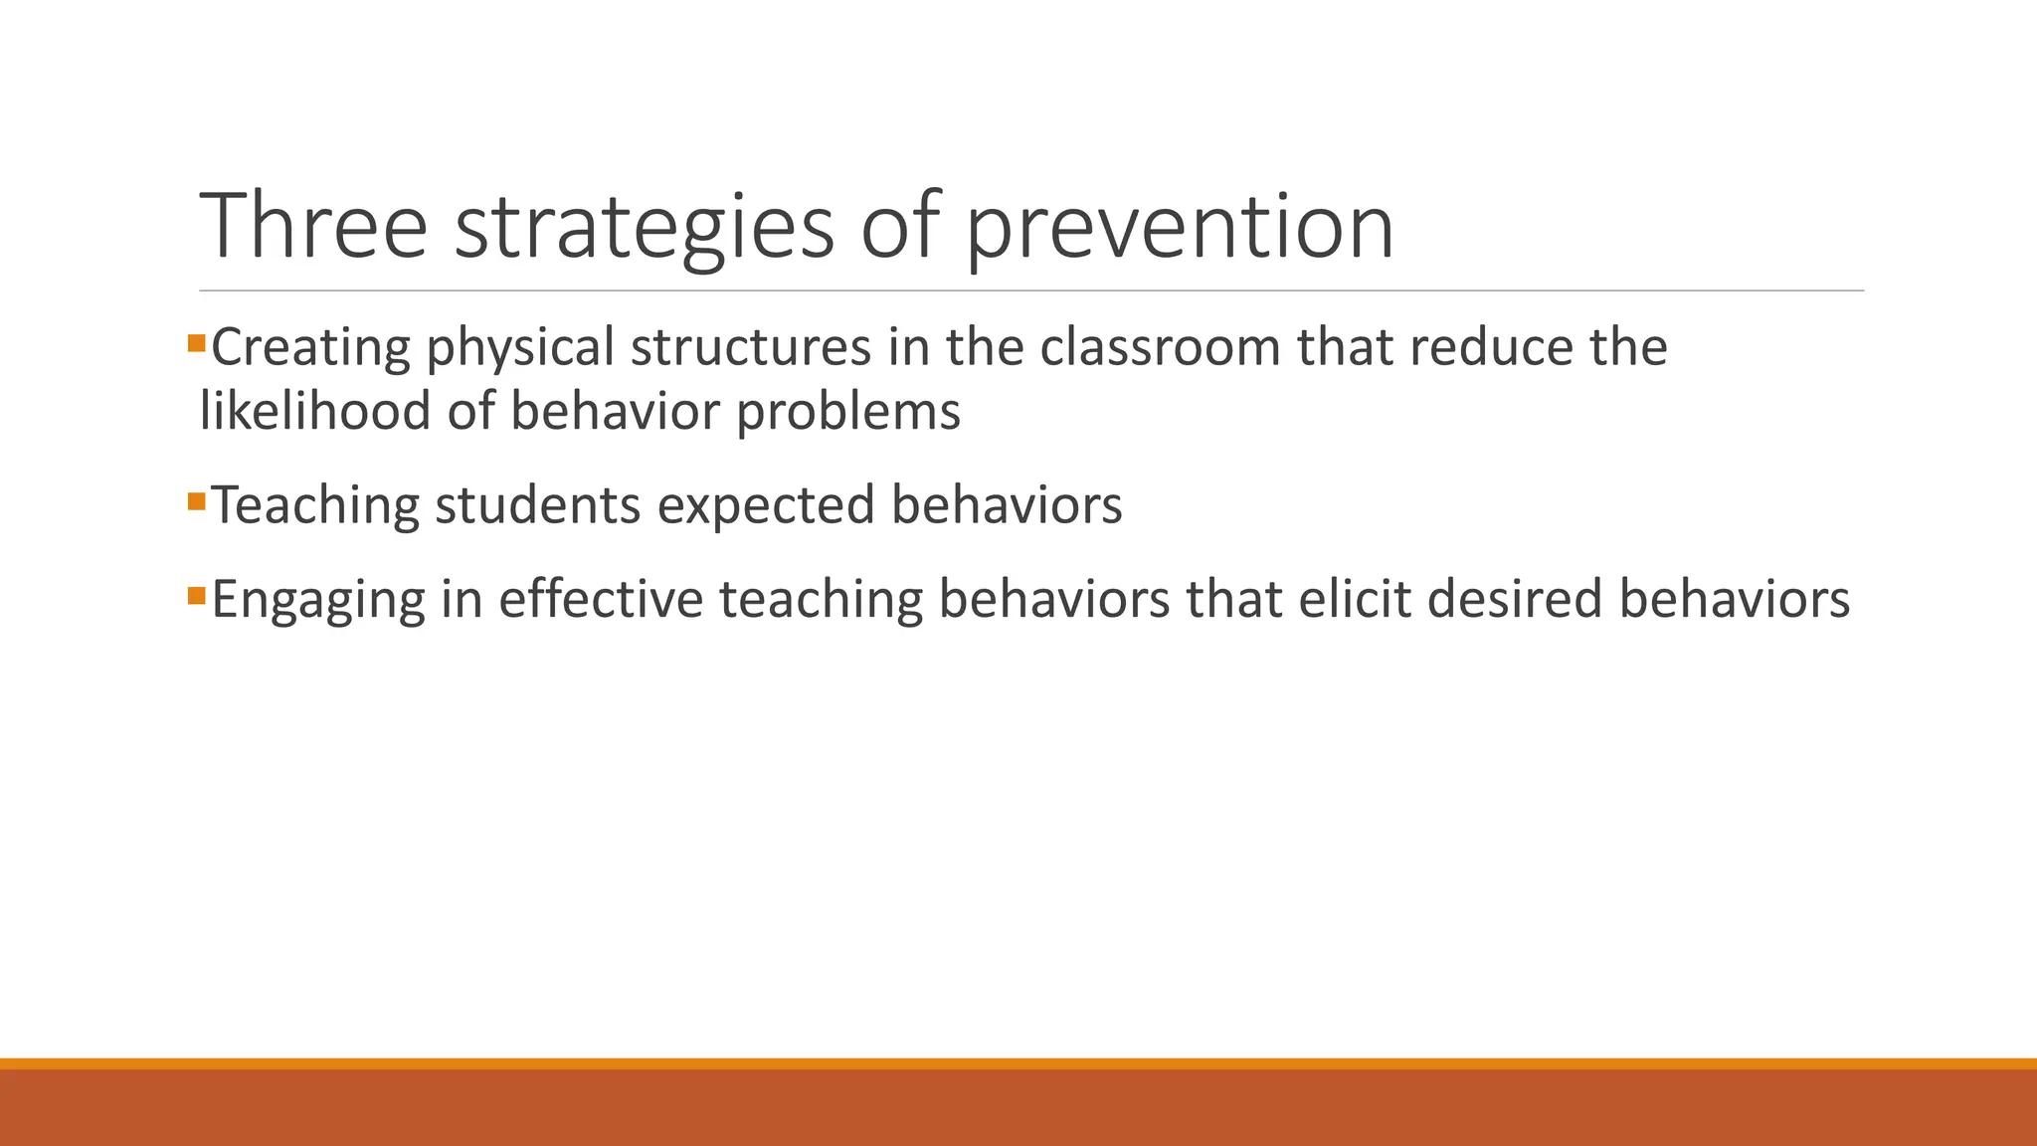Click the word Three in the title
point(313,226)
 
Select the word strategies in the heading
point(644,226)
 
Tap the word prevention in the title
point(1180,226)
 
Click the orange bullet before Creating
point(196,344)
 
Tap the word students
point(537,505)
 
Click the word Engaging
point(318,601)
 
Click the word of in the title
point(899,226)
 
